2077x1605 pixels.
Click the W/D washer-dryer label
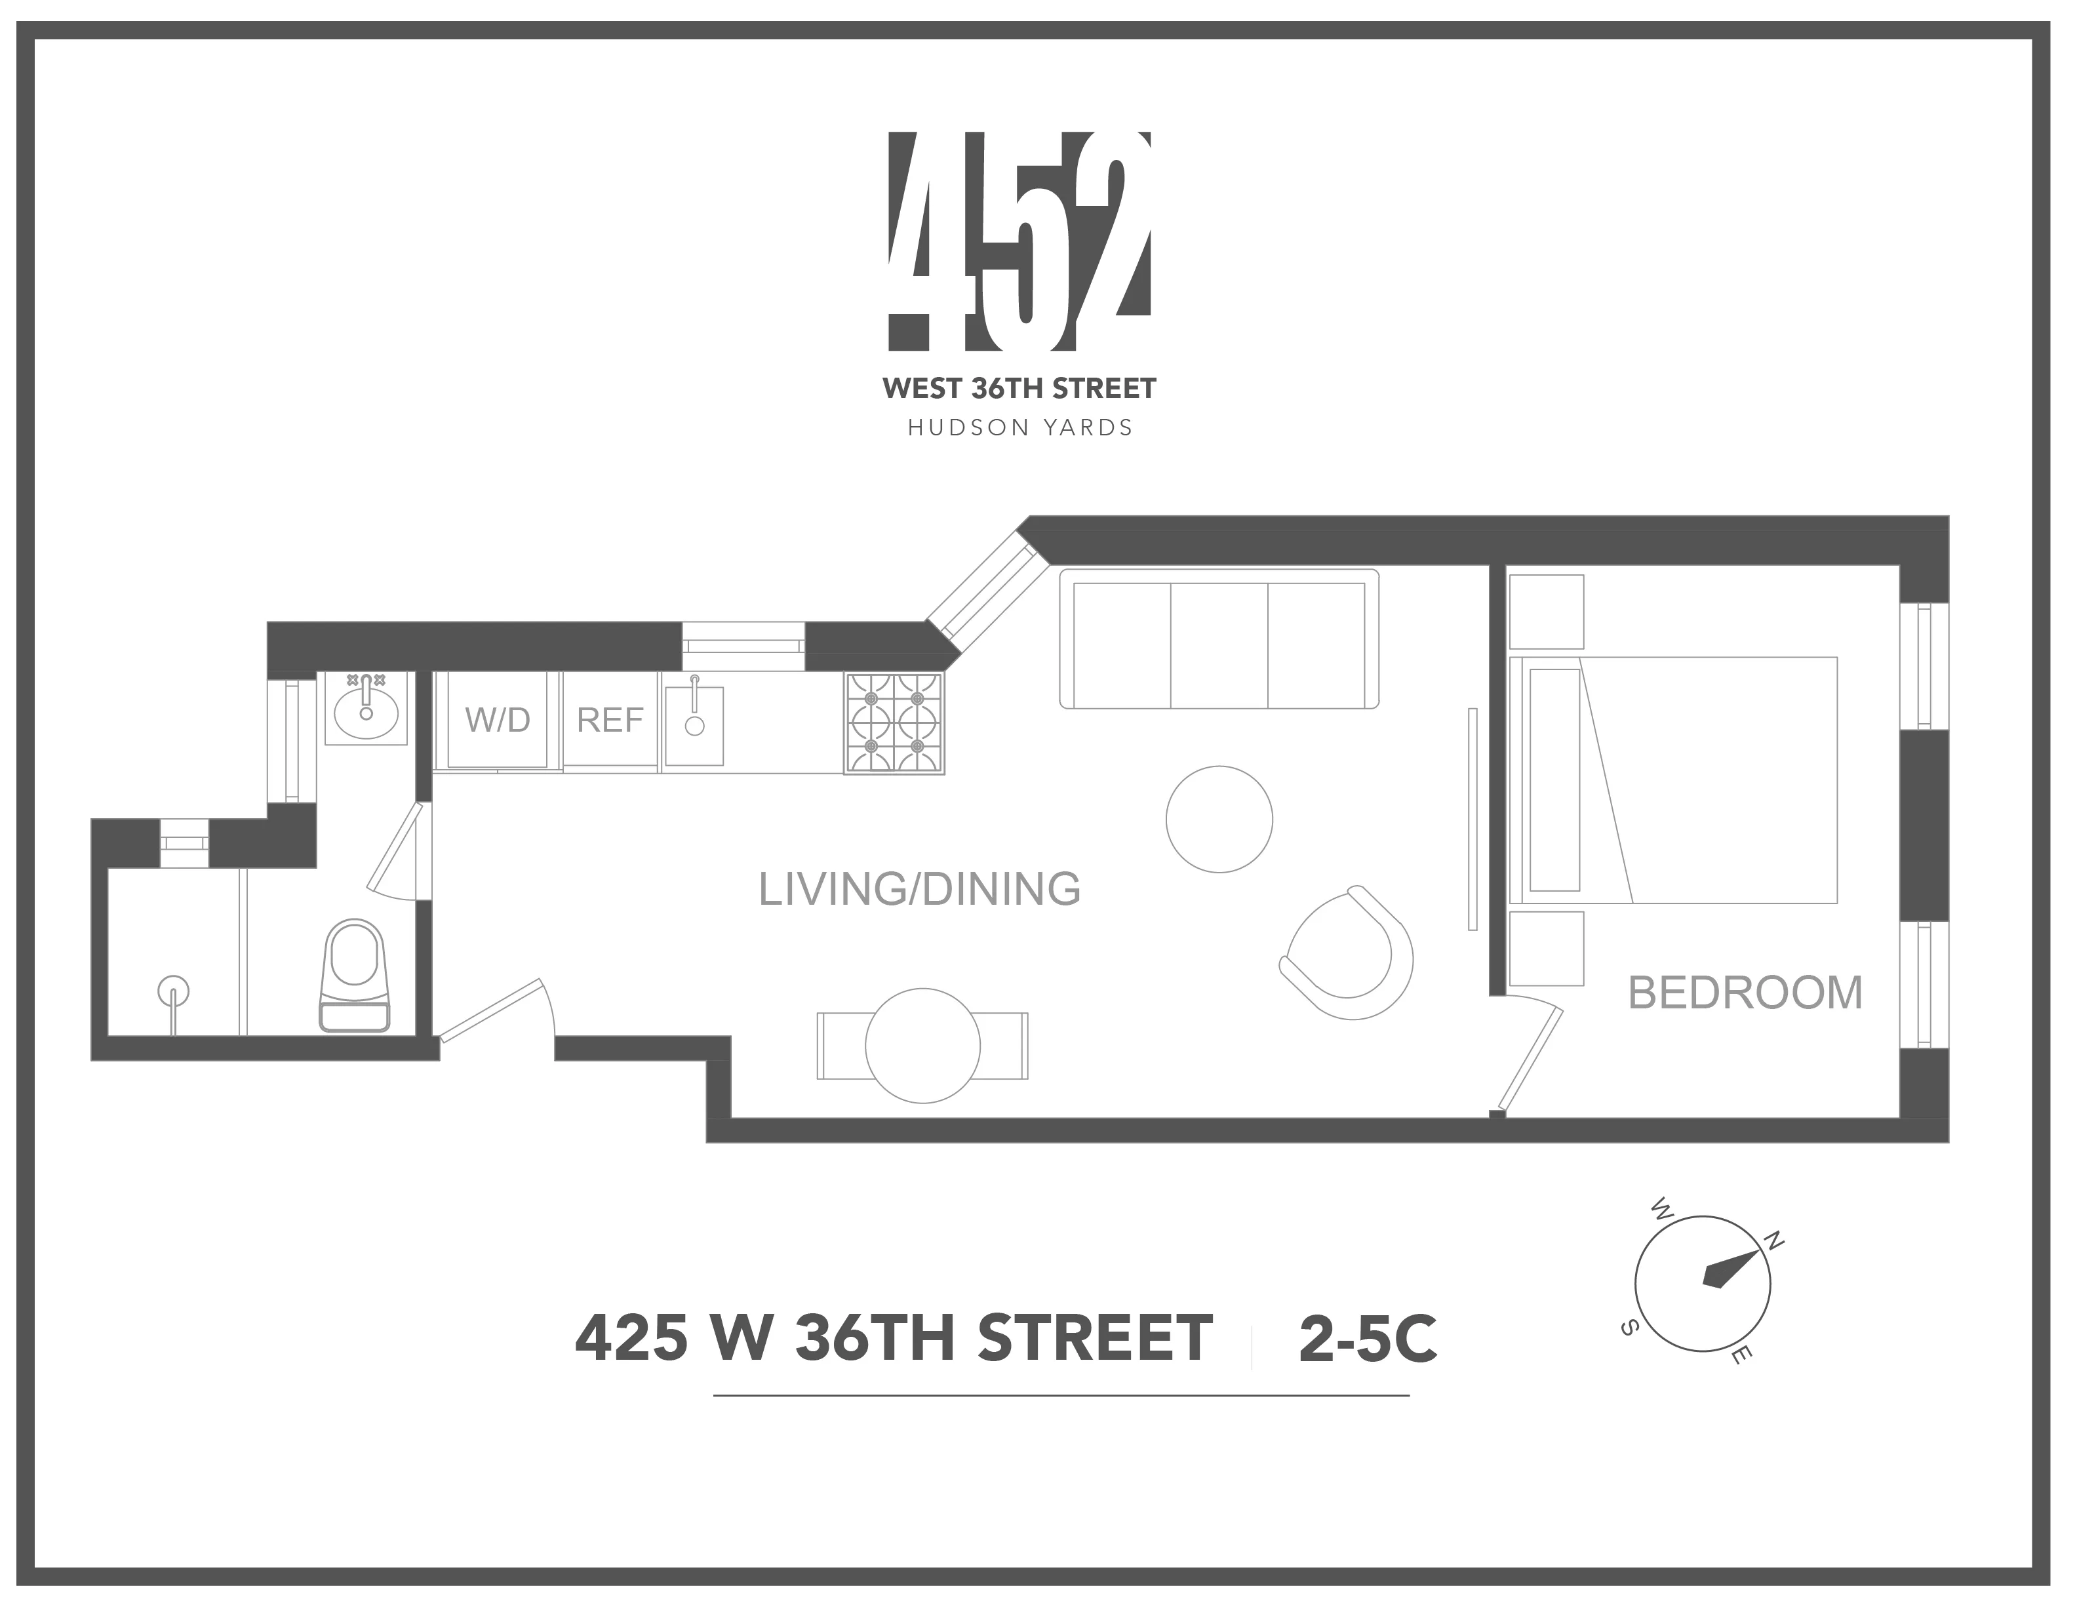[498, 721]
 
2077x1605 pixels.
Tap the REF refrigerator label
[610, 721]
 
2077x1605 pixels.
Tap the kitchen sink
[694, 724]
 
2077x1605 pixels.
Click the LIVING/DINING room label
[919, 889]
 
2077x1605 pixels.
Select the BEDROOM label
[1744, 993]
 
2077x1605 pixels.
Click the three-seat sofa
[1219, 639]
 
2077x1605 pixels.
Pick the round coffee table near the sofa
[1219, 819]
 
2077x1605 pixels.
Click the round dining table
[922, 1046]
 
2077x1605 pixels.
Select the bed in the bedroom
[1674, 780]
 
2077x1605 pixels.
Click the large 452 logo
[1019, 239]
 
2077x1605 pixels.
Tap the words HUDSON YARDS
[1019, 429]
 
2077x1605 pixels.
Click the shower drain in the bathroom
[173, 992]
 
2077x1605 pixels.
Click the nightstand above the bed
[1547, 612]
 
